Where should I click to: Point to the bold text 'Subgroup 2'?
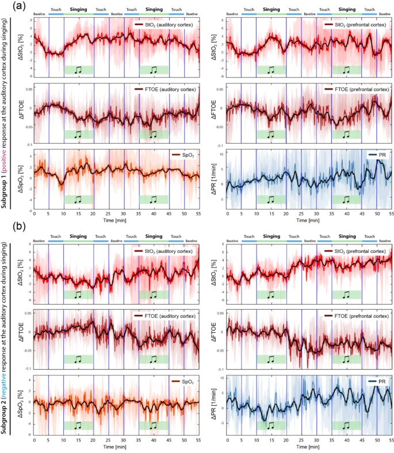pyautogui.click(x=13, y=409)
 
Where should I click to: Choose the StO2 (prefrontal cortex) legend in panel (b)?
pyautogui.click(x=358, y=251)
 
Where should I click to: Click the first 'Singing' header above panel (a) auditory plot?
pyautogui.click(x=78, y=10)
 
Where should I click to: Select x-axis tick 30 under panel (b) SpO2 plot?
pyautogui.click(x=124, y=439)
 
